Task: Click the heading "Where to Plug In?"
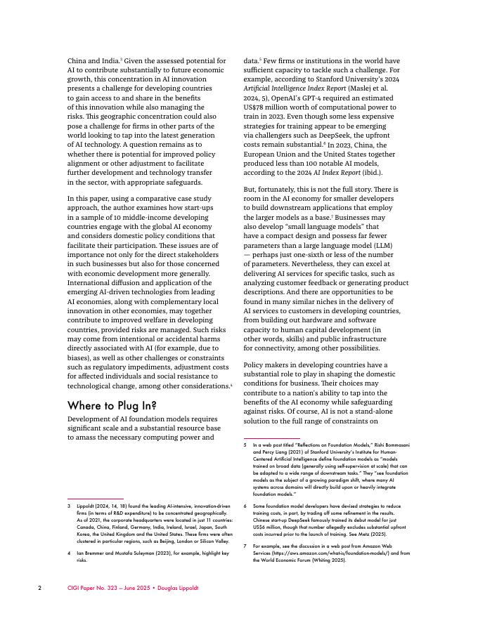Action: coord(112,405)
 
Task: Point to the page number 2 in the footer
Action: coord(40,587)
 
